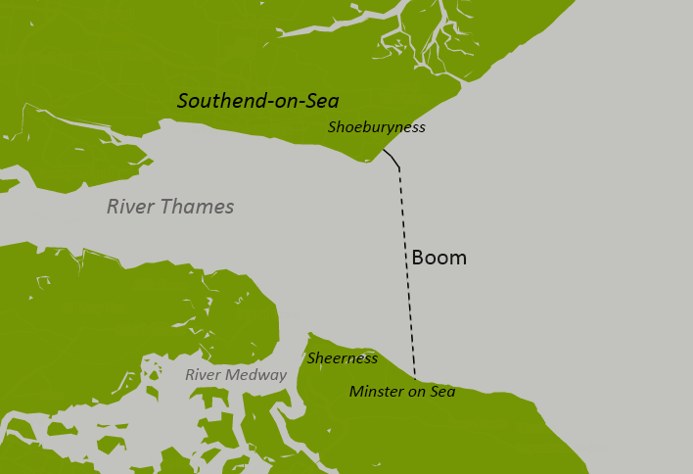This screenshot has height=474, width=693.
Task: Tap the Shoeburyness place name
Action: pos(377,127)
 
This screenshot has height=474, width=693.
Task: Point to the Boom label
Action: pos(439,259)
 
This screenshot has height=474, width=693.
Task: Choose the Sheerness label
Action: pos(342,358)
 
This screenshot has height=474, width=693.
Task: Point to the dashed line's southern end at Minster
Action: pos(415,378)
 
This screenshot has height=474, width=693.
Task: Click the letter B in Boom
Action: pos(418,259)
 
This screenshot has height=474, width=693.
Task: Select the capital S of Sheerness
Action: pos(311,358)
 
